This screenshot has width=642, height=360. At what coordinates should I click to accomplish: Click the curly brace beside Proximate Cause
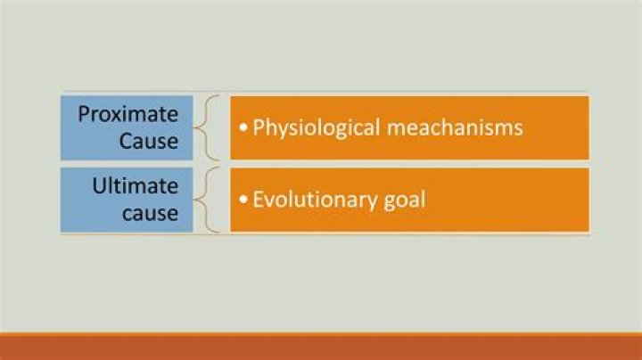[x=209, y=127]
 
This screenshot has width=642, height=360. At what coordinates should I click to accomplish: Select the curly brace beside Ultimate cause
[x=209, y=200]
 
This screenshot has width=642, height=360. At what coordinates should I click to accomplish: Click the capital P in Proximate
[x=84, y=115]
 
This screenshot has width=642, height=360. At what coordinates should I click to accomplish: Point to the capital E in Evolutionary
[x=259, y=200]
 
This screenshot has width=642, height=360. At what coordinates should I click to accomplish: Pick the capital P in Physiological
[x=259, y=128]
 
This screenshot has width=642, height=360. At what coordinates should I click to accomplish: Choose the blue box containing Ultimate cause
[x=127, y=200]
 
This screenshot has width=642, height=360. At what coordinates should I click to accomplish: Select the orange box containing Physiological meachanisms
[x=409, y=127]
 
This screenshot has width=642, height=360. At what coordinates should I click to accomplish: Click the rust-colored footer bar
[x=321, y=347]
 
